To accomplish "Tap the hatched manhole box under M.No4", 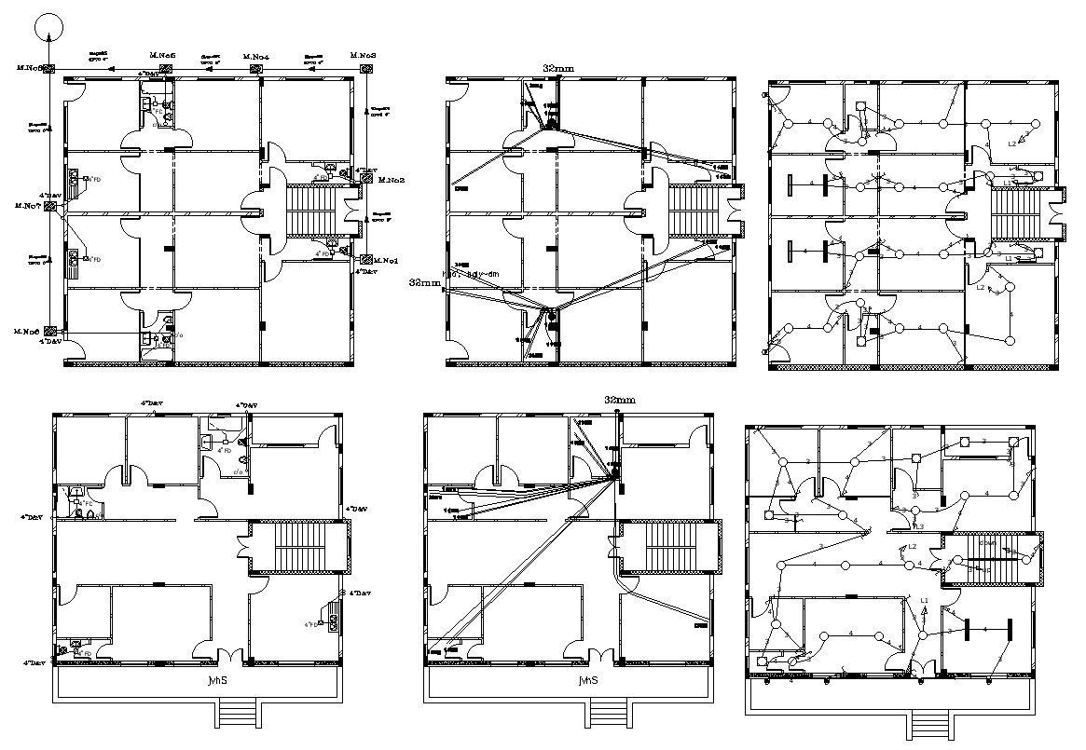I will (257, 68).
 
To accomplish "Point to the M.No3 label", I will (364, 56).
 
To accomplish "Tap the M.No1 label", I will (387, 259).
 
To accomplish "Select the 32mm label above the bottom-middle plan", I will (620, 400).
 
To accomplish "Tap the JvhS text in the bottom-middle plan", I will (587, 680).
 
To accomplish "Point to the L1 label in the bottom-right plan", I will (925, 600).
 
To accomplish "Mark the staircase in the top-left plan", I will (315, 211).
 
